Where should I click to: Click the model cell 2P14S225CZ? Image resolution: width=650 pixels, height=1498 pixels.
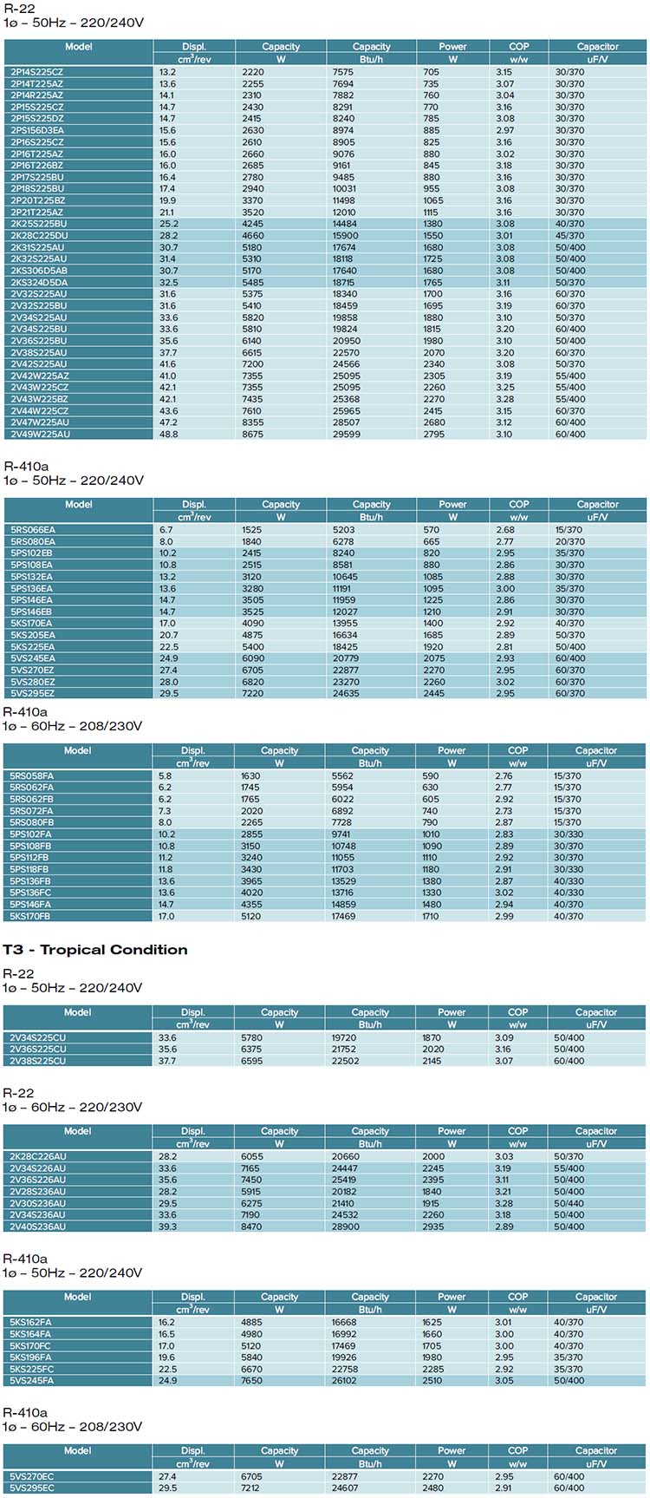[x=36, y=72]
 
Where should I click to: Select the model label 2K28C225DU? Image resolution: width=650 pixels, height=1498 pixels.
[x=39, y=235]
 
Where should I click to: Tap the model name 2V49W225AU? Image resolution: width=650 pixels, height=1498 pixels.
[x=40, y=434]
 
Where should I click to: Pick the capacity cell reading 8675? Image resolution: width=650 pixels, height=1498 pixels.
[x=252, y=434]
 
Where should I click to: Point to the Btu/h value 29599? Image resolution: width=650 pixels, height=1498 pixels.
[x=346, y=434]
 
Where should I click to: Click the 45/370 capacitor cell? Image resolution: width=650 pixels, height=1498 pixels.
[x=569, y=235]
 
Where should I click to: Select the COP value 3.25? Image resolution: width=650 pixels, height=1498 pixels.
[x=504, y=387]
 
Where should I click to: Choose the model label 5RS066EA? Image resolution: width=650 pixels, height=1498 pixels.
[x=33, y=529]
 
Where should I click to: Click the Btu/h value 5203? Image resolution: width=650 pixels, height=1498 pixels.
[x=343, y=529]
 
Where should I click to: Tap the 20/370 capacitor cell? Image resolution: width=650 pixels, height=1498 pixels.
[x=569, y=541]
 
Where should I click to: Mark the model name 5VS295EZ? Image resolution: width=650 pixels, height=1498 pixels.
[x=32, y=693]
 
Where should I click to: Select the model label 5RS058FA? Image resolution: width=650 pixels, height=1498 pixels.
[x=31, y=775]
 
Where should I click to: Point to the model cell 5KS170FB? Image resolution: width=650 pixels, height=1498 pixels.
[x=30, y=916]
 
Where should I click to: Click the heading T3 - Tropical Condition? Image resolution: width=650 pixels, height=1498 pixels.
[x=95, y=949]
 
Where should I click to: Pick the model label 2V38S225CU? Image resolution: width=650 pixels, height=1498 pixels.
[x=37, y=1061]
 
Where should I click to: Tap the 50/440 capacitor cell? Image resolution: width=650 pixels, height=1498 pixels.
[x=569, y=1203]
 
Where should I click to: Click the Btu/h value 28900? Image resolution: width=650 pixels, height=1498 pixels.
[x=345, y=1227]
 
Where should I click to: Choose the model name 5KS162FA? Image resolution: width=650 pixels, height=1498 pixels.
[x=30, y=1322]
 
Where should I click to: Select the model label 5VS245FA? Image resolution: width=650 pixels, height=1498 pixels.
[x=31, y=1380]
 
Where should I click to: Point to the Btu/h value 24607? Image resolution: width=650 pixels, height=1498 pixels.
[x=345, y=1488]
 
